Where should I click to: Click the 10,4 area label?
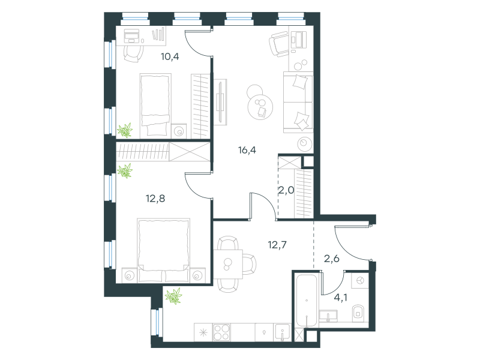170,56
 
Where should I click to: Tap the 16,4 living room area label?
247,150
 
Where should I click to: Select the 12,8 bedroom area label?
155,199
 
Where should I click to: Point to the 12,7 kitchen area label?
277,245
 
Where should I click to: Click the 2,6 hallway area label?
332,259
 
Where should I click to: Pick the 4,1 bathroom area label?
340,297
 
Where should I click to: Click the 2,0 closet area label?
286,190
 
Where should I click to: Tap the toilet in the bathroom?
358,313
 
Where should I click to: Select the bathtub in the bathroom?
307,301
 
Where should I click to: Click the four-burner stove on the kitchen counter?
221,332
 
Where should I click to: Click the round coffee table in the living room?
260,107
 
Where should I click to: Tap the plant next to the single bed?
125,130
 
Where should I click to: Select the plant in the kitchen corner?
173,296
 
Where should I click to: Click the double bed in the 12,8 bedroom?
163,250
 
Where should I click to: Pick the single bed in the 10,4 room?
155,104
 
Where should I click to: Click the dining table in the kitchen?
228,264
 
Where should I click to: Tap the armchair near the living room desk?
278,44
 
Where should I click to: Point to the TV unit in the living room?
220,102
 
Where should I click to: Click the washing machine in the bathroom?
360,280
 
